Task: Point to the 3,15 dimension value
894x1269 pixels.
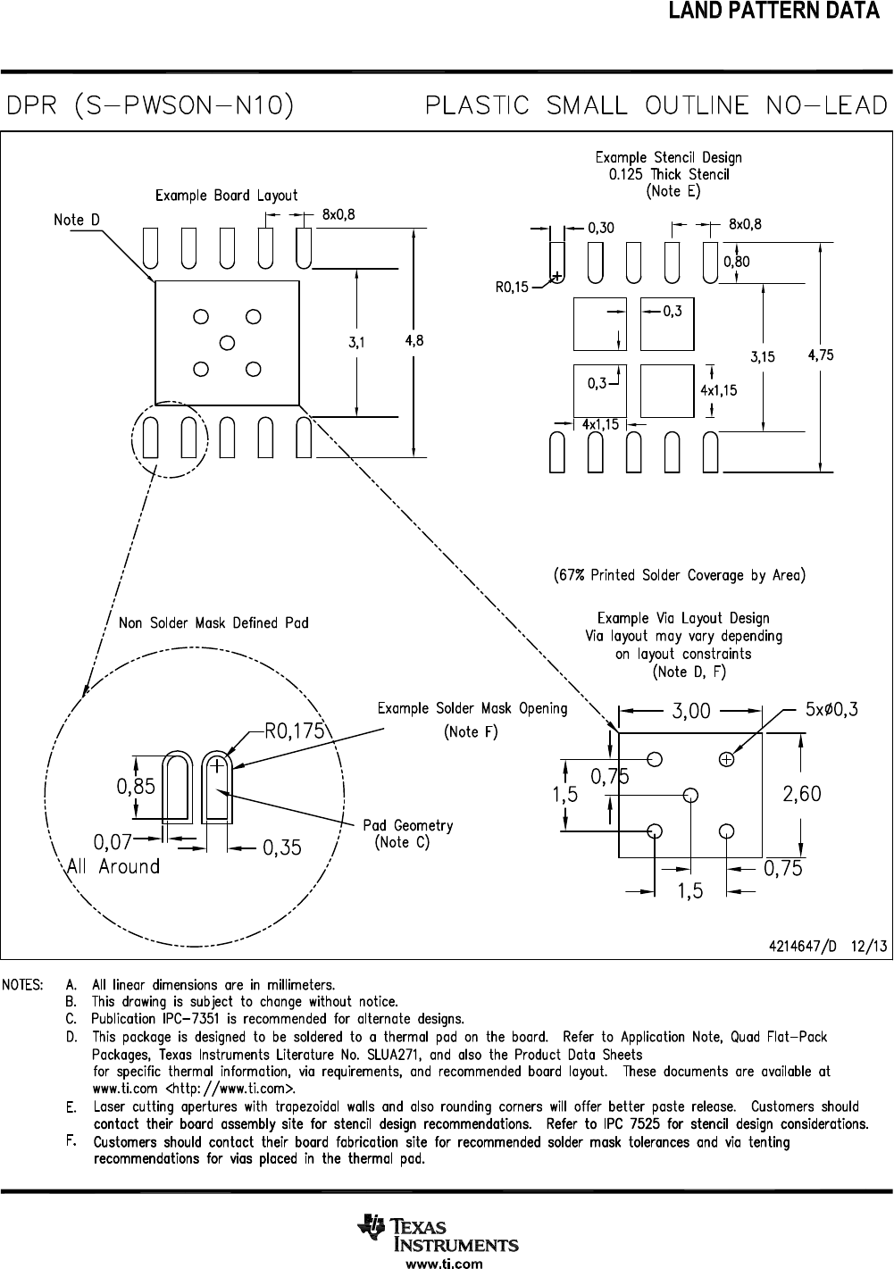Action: click(x=762, y=356)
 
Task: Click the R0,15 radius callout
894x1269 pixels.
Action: click(x=512, y=288)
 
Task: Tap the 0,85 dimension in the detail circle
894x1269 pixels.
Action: click(x=136, y=787)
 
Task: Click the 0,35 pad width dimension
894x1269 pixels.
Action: click(x=281, y=848)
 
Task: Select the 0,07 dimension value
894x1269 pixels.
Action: click(x=113, y=841)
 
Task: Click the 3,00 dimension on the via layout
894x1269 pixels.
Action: click(x=691, y=711)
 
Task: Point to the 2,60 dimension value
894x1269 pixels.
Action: click(x=801, y=794)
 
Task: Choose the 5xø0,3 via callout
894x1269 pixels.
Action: click(x=831, y=710)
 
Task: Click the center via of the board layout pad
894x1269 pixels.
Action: click(x=227, y=342)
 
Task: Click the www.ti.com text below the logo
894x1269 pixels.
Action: click(x=444, y=1263)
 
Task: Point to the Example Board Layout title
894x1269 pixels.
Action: click(x=227, y=196)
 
